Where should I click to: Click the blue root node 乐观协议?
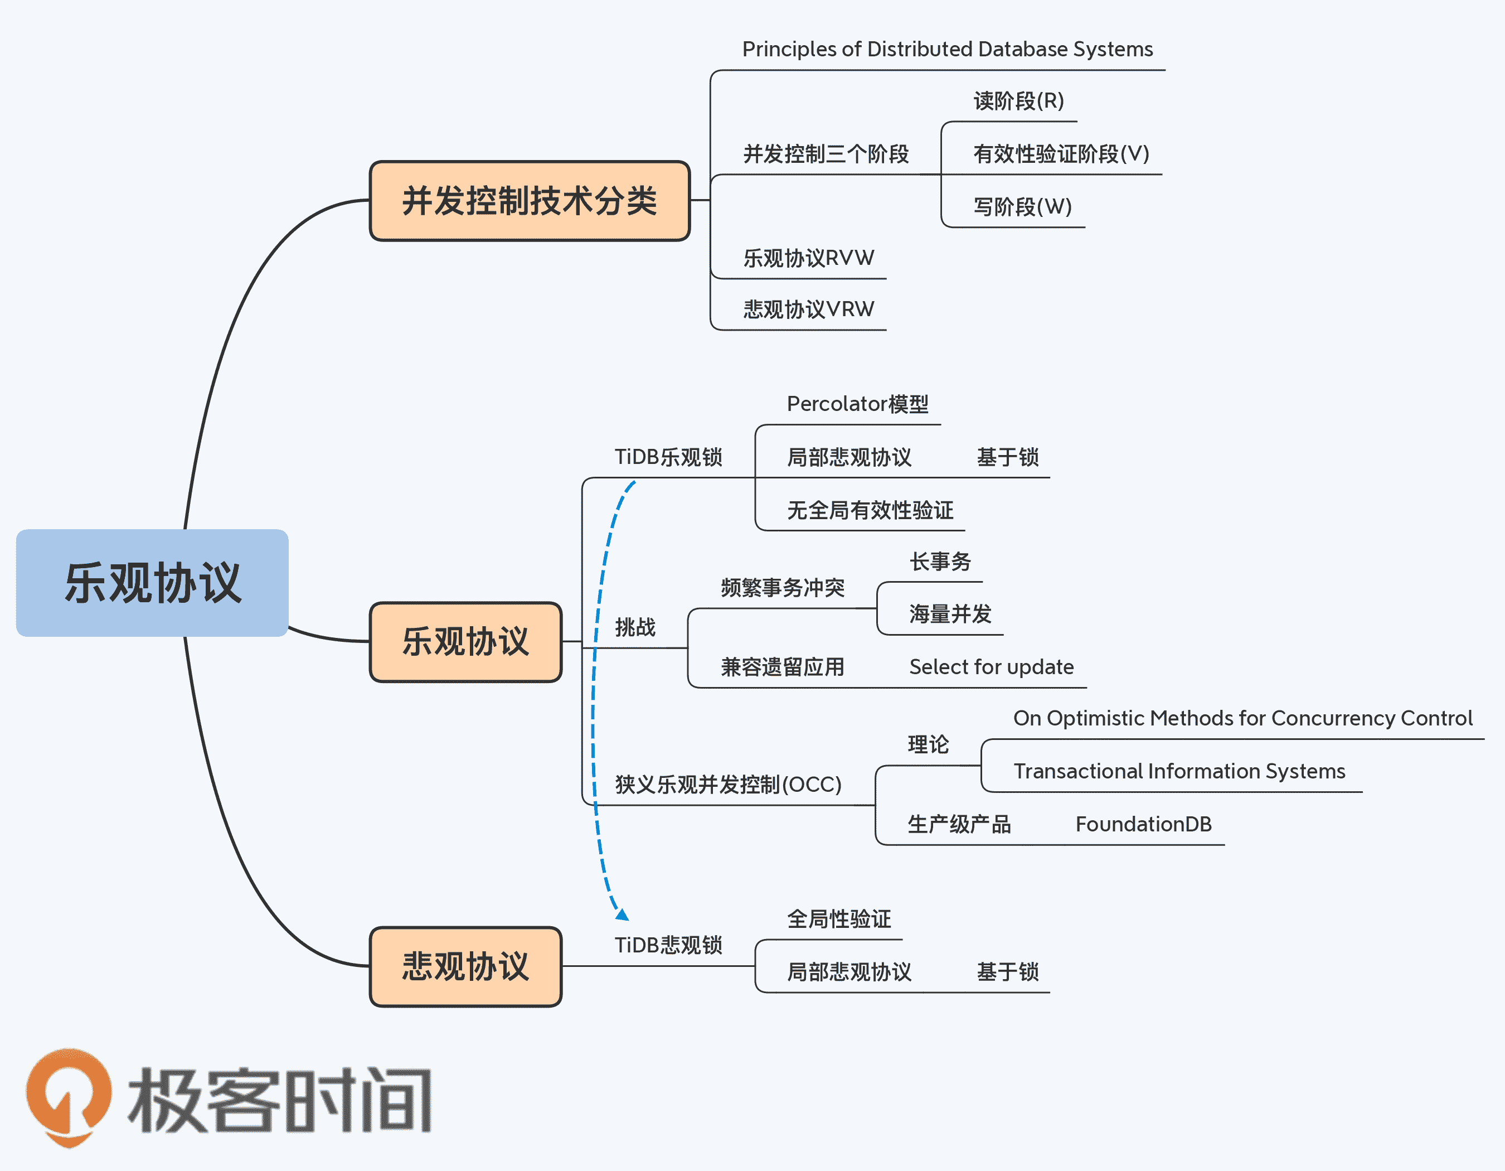point(152,583)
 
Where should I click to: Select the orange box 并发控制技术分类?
point(529,201)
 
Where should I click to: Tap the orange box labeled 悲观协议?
point(466,966)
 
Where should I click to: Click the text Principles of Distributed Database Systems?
point(947,49)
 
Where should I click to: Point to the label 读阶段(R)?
point(1018,101)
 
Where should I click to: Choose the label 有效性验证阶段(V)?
point(1061,154)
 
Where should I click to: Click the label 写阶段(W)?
point(1023,206)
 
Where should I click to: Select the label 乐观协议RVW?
point(808,258)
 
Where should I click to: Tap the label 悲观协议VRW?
point(808,309)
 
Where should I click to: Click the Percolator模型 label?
point(857,404)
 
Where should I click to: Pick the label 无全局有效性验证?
point(870,510)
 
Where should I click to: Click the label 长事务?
point(940,562)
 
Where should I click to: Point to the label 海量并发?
point(950,613)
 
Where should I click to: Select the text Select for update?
point(991,666)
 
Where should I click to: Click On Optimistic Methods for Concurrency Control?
point(1242,718)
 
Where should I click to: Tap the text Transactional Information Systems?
point(1179,771)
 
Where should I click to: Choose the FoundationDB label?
point(1143,824)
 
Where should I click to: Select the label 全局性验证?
point(839,919)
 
